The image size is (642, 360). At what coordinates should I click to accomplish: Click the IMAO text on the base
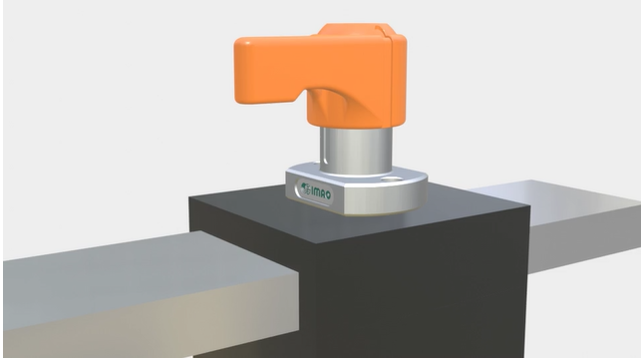tap(321, 192)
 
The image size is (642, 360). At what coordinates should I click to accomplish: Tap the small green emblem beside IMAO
tap(305, 188)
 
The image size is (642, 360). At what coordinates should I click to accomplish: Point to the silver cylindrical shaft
tap(355, 150)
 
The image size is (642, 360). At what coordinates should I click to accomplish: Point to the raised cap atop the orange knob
tap(355, 30)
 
